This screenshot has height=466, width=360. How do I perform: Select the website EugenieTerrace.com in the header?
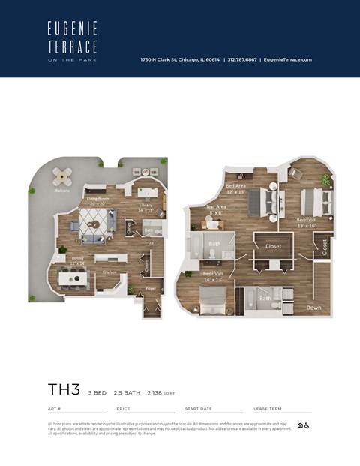287,60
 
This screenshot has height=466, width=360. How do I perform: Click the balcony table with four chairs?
63,177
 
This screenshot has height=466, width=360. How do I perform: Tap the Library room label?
146,208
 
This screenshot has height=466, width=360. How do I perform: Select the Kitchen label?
109,272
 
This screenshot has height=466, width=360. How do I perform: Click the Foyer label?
151,287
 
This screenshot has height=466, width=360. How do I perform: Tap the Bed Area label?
236,188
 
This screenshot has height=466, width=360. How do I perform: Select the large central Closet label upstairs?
273,245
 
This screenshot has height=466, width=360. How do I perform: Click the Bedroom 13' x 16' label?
307,222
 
